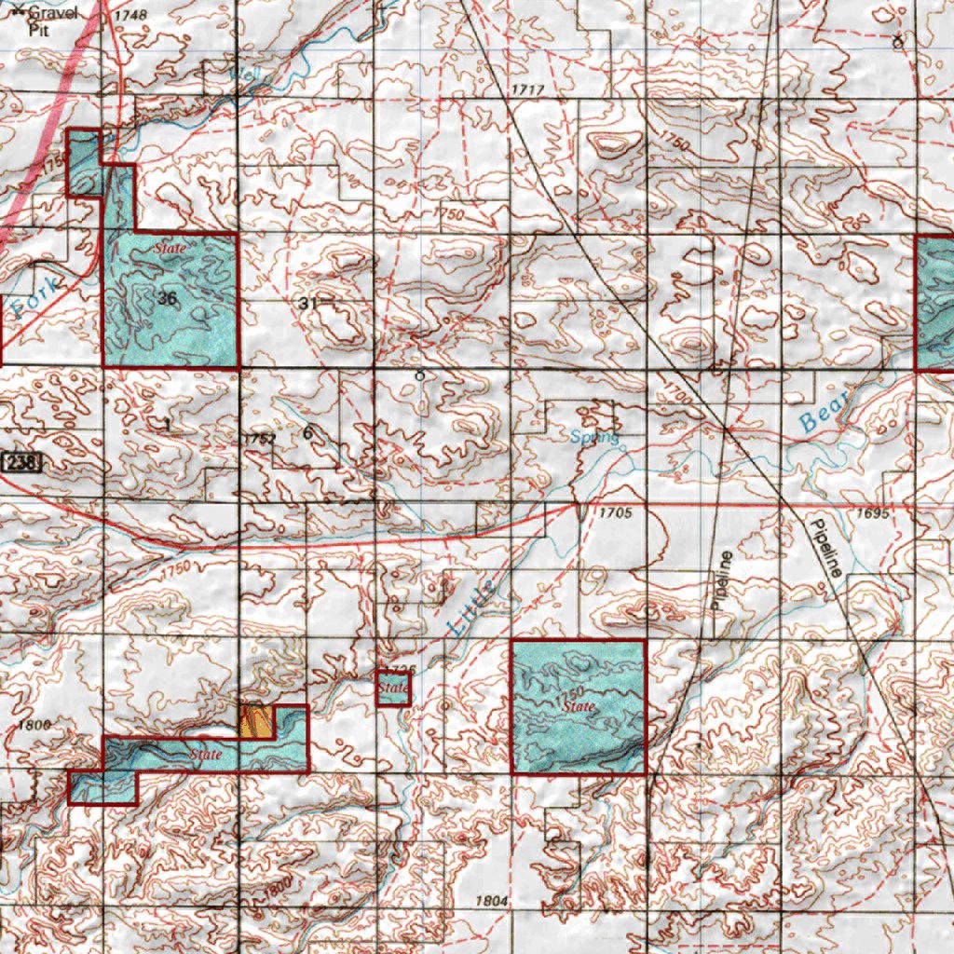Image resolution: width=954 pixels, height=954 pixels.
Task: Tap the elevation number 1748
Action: pyautogui.click(x=132, y=16)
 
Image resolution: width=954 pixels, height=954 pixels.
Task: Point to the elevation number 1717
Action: pyautogui.click(x=527, y=89)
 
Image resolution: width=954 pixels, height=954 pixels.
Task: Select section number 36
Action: pyautogui.click(x=168, y=299)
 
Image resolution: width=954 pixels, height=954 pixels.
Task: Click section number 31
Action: pyautogui.click(x=309, y=304)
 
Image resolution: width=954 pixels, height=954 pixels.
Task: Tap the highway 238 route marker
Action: pyautogui.click(x=21, y=462)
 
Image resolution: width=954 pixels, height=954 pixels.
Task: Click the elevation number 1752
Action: pyautogui.click(x=258, y=438)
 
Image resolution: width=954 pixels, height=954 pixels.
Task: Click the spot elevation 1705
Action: pyautogui.click(x=616, y=513)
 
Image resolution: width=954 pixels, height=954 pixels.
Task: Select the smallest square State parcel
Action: pyautogui.click(x=393, y=688)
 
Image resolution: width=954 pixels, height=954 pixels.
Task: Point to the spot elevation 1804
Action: pyautogui.click(x=492, y=901)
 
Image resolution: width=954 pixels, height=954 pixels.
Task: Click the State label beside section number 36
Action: pyautogui.click(x=170, y=249)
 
